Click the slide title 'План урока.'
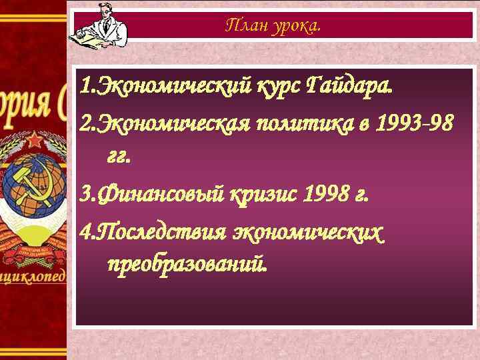[x=273, y=25]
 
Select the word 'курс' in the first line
[x=279, y=87]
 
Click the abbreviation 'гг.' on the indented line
[x=119, y=157]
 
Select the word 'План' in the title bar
[x=244, y=25]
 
